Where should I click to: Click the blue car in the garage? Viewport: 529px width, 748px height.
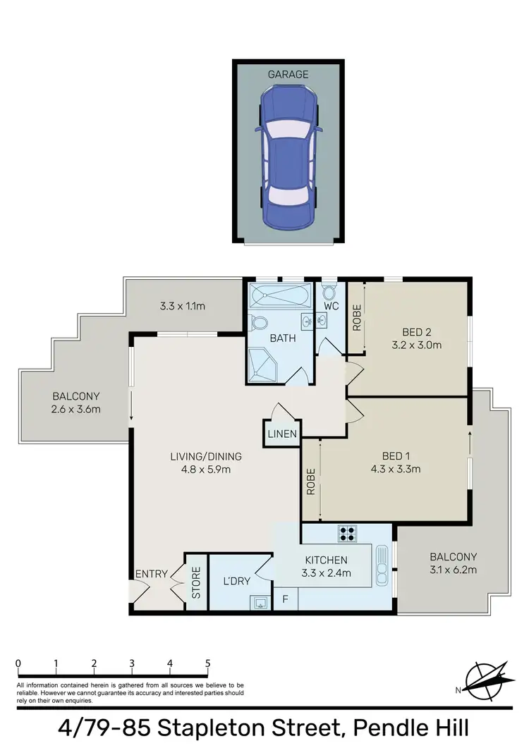point(288,157)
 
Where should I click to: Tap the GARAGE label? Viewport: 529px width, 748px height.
point(288,74)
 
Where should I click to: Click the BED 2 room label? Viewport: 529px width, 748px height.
point(418,332)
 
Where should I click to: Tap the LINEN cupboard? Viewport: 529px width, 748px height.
point(282,434)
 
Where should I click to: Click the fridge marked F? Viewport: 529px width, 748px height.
point(285,599)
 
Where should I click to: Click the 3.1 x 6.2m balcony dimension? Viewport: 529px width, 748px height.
point(453,570)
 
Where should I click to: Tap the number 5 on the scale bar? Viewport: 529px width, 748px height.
point(207,663)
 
